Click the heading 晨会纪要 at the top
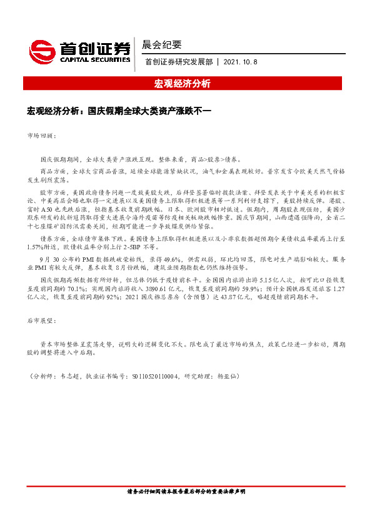[162, 44]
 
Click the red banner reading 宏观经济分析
[186, 84]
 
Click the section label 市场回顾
[42, 135]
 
